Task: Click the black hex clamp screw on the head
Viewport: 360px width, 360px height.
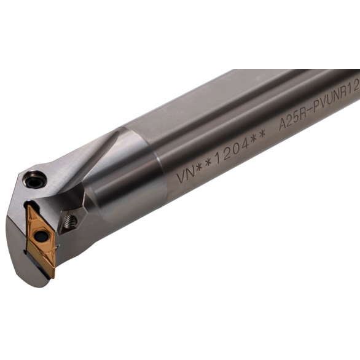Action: coord(34,180)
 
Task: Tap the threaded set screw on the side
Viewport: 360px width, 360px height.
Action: coord(70,221)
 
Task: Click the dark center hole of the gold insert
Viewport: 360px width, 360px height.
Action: coord(41,235)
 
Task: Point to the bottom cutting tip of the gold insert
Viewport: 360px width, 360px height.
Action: coord(53,277)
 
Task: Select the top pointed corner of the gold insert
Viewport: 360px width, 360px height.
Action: coord(29,206)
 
